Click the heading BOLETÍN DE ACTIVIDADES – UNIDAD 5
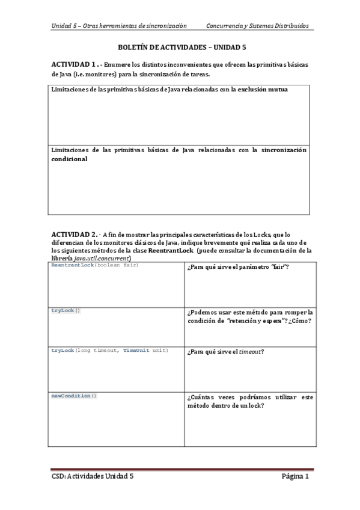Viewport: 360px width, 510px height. [x=180, y=46]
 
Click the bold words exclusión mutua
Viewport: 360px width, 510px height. [x=263, y=90]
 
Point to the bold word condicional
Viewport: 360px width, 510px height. [x=69, y=159]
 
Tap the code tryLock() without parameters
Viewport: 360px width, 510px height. [x=66, y=310]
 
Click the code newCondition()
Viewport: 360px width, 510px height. [x=73, y=396]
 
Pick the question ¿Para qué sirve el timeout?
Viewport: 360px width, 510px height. [x=226, y=351]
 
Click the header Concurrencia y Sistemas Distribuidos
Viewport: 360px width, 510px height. [x=257, y=26]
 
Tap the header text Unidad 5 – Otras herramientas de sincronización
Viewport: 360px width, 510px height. [x=119, y=26]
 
